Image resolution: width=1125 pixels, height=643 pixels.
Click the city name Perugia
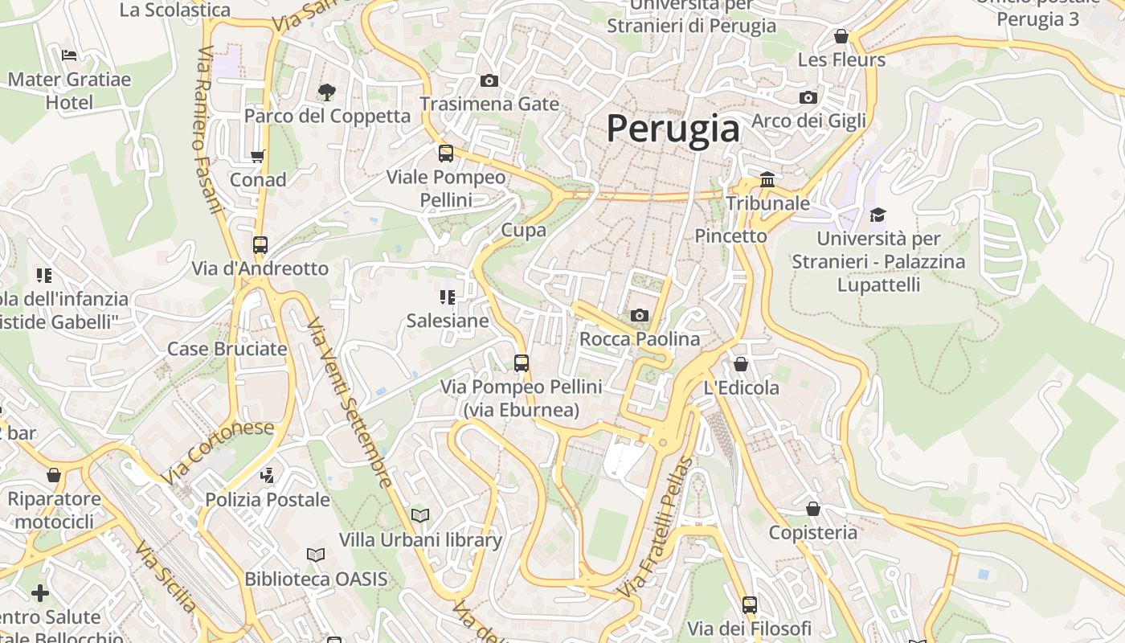pos(673,129)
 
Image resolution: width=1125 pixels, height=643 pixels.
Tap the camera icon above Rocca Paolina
pos(640,315)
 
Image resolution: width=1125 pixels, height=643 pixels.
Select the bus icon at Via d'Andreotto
pos(260,244)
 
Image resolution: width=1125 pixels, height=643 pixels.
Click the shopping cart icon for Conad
pos(258,156)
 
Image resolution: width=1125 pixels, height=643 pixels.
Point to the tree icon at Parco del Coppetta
pos(326,92)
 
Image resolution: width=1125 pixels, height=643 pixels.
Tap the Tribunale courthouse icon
pos(767,179)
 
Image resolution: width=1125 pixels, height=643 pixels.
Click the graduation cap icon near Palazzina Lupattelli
pos(877,215)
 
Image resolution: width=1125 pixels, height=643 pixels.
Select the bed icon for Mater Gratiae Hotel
pos(69,55)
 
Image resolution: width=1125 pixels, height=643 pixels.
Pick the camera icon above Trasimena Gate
pos(489,80)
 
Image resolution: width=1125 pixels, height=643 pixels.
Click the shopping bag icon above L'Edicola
pos(741,364)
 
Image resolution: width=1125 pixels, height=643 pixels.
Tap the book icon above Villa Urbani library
pos(420,514)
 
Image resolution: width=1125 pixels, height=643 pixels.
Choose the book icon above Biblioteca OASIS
pos(316,555)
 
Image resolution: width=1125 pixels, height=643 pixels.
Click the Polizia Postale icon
pos(268,476)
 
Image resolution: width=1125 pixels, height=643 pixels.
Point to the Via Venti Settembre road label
pos(350,402)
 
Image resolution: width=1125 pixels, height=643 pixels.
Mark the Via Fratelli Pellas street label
pos(656,527)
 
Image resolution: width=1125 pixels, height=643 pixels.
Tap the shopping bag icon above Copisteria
pos(813,509)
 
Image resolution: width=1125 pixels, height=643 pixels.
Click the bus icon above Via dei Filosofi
pos(750,604)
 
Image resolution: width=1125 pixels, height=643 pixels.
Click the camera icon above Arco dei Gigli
pos(808,98)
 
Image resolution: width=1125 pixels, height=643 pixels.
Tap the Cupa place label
pos(524,230)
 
